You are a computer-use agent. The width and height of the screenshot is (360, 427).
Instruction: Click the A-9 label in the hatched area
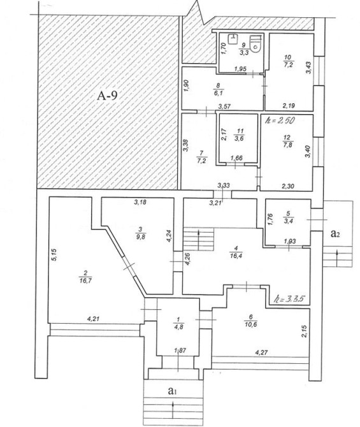tap(107, 96)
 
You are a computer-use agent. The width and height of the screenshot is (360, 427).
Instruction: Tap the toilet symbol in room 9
tap(257, 44)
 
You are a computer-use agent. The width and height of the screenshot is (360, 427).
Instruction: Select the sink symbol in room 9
tap(233, 38)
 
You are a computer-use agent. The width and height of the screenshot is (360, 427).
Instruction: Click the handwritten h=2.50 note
tap(279, 120)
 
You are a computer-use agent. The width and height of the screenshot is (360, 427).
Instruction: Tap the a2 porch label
tap(335, 233)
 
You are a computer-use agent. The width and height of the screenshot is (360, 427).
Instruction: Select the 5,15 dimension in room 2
tap(54, 255)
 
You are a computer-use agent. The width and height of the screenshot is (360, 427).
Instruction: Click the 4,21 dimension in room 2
tap(93, 319)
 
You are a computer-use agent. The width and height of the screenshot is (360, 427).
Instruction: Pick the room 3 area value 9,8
tap(141, 236)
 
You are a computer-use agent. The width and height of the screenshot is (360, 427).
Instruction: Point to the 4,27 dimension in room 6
tap(261, 352)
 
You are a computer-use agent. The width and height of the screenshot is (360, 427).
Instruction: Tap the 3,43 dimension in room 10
tap(308, 68)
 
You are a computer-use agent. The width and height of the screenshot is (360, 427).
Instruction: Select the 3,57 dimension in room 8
tap(224, 106)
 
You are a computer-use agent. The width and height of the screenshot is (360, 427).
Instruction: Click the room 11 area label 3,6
tap(240, 138)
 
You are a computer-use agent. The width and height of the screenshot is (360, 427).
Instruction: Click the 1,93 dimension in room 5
tap(290, 241)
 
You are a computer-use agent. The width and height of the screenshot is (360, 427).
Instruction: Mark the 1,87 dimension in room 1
tap(179, 351)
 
